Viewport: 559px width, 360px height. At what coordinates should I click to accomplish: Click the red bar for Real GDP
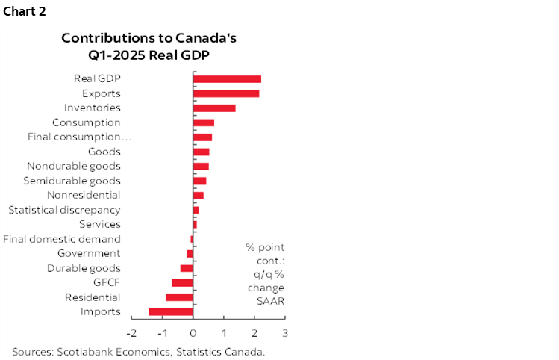click(x=227, y=79)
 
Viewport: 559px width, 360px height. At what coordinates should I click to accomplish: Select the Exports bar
click(x=226, y=93)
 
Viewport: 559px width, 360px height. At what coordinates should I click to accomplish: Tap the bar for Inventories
click(x=214, y=108)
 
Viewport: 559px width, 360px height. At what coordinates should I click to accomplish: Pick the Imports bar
click(x=171, y=312)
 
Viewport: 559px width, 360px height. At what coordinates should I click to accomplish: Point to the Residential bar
click(x=179, y=297)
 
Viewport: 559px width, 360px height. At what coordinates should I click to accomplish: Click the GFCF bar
click(x=182, y=283)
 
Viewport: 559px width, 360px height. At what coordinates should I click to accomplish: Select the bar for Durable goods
click(x=187, y=268)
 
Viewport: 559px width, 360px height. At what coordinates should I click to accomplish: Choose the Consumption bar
click(x=204, y=122)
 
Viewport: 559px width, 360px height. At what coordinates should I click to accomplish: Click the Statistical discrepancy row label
click(x=64, y=210)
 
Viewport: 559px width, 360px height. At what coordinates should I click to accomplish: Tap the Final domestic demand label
click(x=62, y=239)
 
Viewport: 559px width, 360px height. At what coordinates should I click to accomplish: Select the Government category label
click(x=89, y=254)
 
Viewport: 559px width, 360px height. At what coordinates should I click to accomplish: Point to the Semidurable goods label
click(x=72, y=181)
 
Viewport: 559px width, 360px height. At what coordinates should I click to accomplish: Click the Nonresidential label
click(x=84, y=196)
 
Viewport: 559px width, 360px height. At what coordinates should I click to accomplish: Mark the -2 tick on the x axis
click(x=132, y=333)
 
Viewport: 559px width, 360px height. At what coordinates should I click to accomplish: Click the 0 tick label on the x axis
click(x=193, y=333)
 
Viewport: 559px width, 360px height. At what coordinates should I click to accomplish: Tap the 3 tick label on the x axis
click(x=285, y=333)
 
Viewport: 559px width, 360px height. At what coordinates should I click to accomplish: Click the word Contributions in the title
click(x=102, y=37)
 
